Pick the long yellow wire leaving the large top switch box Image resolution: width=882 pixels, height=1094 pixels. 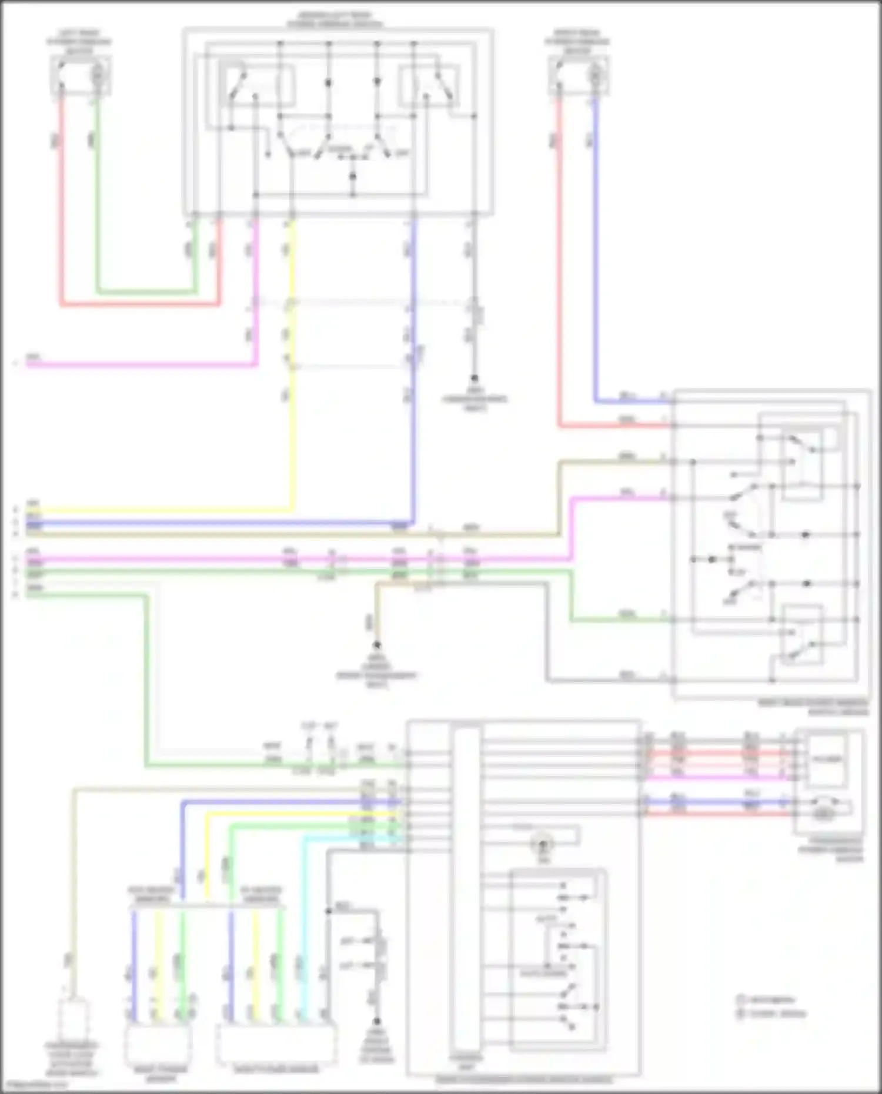(292, 411)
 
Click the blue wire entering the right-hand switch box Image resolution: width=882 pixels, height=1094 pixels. (596, 265)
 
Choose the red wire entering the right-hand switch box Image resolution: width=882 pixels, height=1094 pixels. (559, 265)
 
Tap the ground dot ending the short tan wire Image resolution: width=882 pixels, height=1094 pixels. (377, 645)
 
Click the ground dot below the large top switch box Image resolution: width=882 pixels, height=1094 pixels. (474, 379)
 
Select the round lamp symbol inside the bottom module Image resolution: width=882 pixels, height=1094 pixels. (542, 845)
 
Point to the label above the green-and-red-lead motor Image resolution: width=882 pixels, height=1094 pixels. (79, 41)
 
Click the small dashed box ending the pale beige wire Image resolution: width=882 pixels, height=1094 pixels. (73, 1020)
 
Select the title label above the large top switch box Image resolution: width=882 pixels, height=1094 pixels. (335, 19)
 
